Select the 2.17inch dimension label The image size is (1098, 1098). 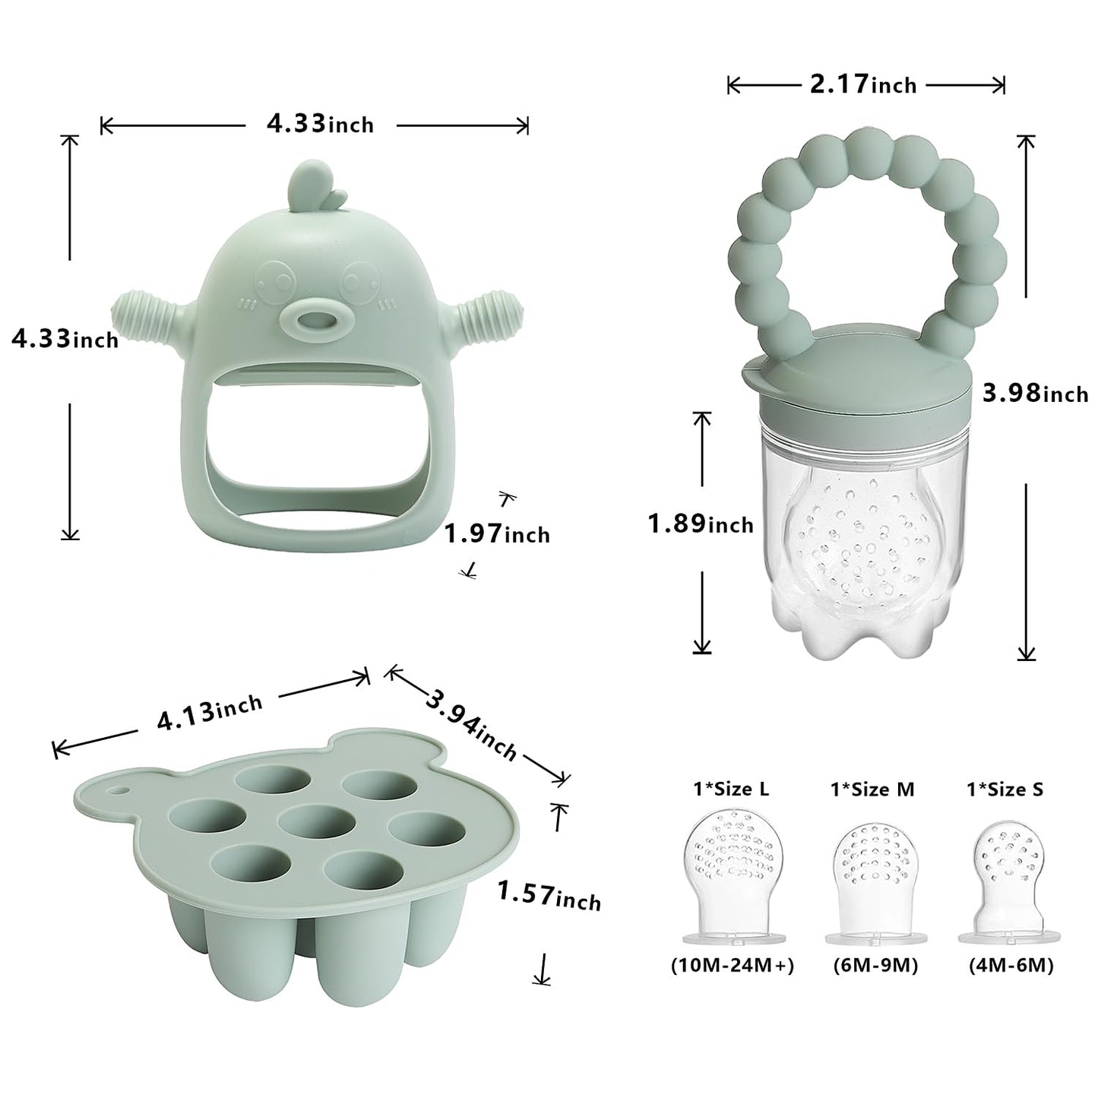(863, 84)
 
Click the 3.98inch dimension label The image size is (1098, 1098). (1035, 393)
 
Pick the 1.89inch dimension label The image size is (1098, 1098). (700, 524)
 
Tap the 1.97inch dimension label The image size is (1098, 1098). (497, 533)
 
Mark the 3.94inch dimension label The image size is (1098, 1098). (472, 725)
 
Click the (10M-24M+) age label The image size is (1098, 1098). (732, 966)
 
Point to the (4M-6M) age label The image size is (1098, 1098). (1011, 966)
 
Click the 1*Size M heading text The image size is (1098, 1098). (872, 789)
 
